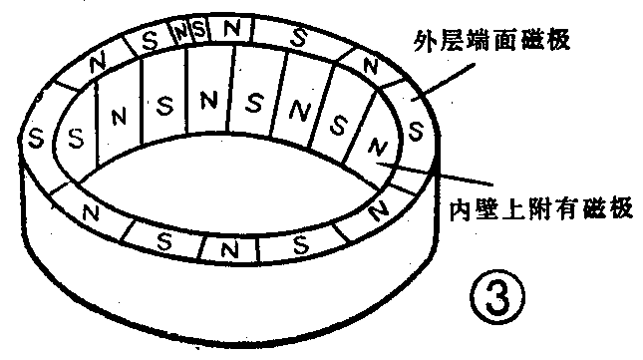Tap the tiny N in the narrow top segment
click(x=180, y=30)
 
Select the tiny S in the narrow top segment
click(x=197, y=29)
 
